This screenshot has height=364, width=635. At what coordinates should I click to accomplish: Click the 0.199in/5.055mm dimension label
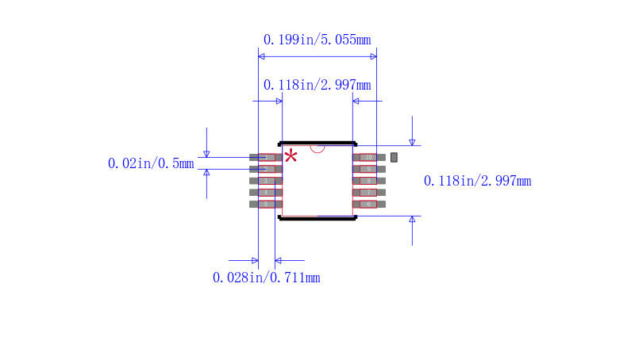pos(317,39)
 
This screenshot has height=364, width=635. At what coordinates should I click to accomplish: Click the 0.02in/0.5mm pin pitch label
pos(151,164)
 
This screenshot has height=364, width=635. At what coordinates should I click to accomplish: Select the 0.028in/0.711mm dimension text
pos(266,278)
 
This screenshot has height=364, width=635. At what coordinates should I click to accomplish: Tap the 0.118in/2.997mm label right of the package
pos(477,182)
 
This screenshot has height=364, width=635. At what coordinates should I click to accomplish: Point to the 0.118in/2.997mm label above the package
pos(317,85)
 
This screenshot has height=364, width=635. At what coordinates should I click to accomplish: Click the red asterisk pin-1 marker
pos(291,155)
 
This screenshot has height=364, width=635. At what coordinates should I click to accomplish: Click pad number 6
pos(369,204)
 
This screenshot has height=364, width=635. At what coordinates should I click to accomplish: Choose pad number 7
pos(369,193)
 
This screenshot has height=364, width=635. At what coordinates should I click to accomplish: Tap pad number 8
pos(369,181)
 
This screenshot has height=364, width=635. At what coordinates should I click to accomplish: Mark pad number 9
pos(369,169)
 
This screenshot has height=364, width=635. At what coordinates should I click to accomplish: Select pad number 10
pos(369,157)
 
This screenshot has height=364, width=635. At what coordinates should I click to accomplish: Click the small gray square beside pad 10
pos(394,157)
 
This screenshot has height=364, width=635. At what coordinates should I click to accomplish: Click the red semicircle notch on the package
pos(317,148)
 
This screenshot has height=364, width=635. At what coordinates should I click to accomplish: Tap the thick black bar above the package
pos(317,144)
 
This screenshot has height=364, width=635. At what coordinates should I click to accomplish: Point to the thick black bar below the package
pos(317,218)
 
